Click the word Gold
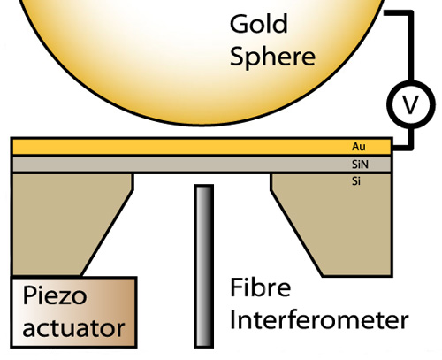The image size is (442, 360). tap(258, 24)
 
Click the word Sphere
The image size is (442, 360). tap(272, 57)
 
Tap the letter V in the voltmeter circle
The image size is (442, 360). tap(410, 105)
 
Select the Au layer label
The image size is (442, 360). tap(359, 147)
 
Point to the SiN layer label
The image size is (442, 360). tap(360, 165)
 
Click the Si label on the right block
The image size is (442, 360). tap(356, 181)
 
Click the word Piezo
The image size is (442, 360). tap(55, 295)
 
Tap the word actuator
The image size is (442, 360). tap(73, 328)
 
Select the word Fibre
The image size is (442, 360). tap(261, 287)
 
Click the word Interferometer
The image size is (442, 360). tap(319, 319)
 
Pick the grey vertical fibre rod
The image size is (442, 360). tap(204, 266)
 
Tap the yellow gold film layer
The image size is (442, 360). tap(202, 147)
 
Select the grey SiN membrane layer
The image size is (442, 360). tap(202, 165)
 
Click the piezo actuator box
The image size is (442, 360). tap(73, 312)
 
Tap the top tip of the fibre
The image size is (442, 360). tap(204, 185)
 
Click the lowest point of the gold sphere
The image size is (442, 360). tap(203, 126)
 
